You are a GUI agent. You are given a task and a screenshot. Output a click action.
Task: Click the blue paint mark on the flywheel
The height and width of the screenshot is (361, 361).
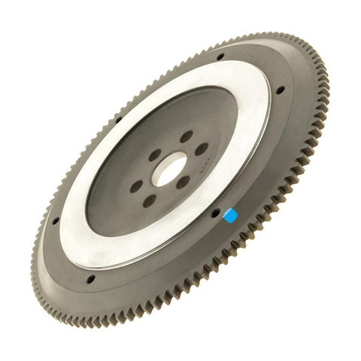tap(232, 216)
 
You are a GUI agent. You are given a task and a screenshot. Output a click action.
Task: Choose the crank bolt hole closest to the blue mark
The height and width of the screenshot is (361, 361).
tap(183, 182)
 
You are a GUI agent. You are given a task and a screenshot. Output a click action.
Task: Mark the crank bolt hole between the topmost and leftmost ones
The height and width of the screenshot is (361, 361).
tap(154, 156)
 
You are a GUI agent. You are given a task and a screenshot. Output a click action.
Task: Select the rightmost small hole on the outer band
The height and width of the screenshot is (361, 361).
tap(280, 90)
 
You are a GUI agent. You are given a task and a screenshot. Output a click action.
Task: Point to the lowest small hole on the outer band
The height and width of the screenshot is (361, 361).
tap(90, 279)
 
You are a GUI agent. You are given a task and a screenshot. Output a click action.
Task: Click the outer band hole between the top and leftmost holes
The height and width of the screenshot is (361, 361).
tap(118, 118)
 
